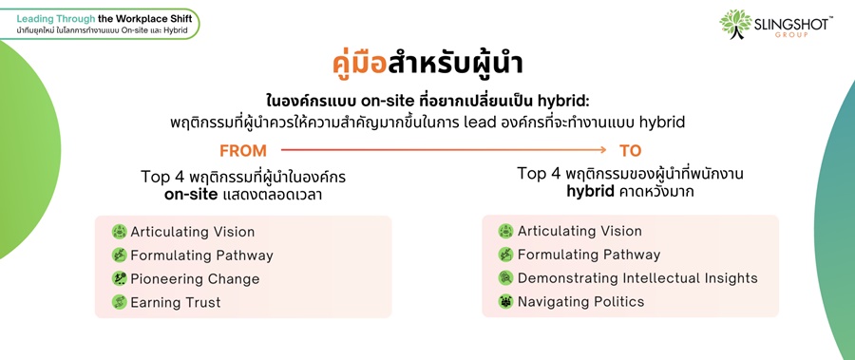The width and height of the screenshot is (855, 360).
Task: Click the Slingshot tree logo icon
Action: pos(735,23)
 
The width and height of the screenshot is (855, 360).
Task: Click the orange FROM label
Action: pos(243,151)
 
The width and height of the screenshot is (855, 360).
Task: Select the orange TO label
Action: pos(631,151)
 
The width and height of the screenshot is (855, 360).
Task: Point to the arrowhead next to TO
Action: pos(603,149)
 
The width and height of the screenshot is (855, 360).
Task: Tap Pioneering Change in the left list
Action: pos(195,278)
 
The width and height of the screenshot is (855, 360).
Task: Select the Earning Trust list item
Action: pos(176,302)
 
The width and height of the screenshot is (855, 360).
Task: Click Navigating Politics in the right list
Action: pos(580,301)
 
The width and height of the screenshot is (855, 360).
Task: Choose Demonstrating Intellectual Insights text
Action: pos(637,277)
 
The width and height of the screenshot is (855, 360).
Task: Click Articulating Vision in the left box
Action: pos(193,231)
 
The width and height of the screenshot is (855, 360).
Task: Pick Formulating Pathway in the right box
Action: pos(589,255)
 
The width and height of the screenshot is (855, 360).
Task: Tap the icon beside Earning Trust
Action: pos(120,302)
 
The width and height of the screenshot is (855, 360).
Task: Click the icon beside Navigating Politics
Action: pos(505,301)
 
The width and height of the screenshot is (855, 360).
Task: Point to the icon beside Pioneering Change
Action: pos(120,278)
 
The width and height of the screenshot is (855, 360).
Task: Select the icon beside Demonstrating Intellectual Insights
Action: pos(505,277)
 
